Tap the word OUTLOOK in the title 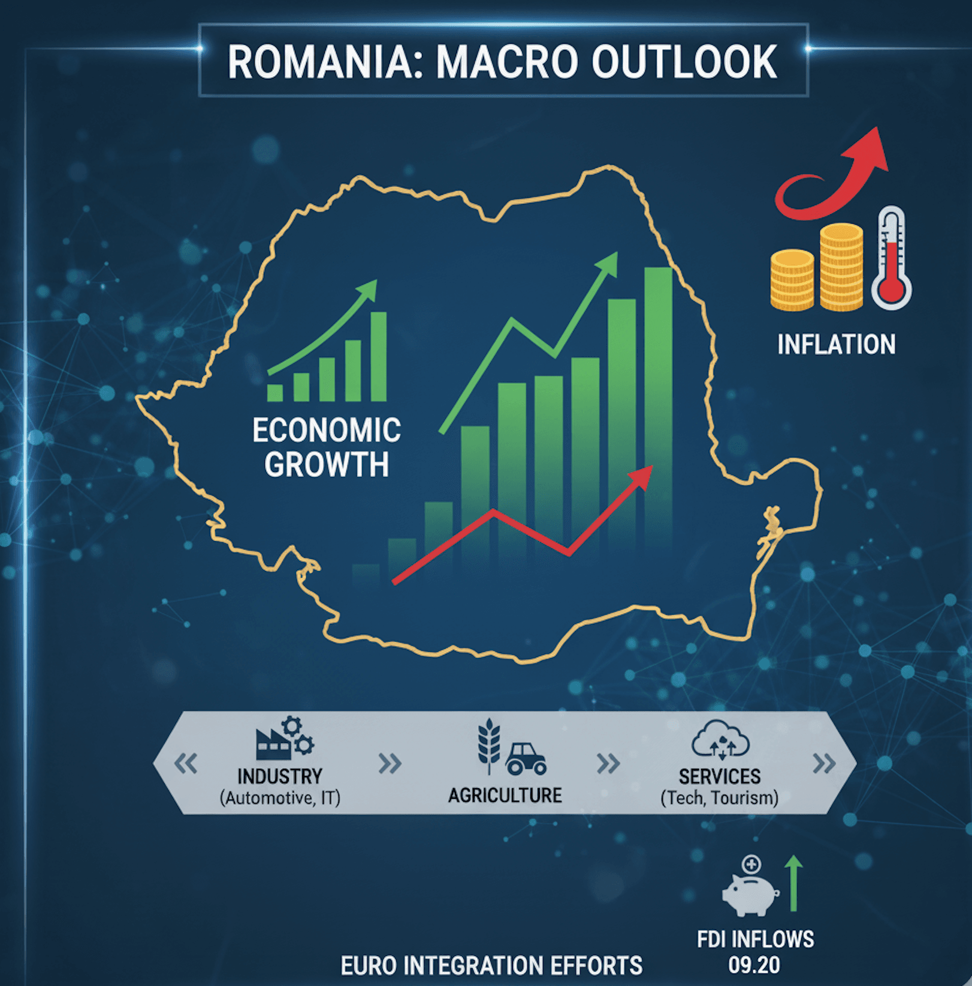[684, 61]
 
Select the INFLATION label [836, 344]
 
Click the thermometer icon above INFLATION [892, 258]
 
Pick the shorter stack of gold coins [792, 281]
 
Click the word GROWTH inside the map [327, 464]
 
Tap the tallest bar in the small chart [378, 356]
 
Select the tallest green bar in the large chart [658, 408]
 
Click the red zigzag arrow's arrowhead [641, 477]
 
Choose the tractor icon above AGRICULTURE [526, 759]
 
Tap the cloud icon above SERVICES [720, 739]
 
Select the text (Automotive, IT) [280, 798]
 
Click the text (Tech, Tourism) [719, 798]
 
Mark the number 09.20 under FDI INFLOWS [754, 965]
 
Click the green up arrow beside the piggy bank [793, 883]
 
